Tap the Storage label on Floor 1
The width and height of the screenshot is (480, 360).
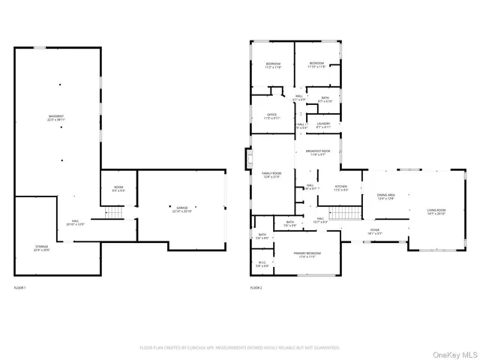(x=40, y=248)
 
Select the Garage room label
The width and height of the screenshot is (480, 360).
(x=181, y=208)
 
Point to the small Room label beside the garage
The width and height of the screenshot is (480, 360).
(x=118, y=189)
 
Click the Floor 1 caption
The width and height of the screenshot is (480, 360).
(x=20, y=288)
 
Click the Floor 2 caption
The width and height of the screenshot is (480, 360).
(x=256, y=288)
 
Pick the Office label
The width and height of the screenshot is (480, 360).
(x=272, y=116)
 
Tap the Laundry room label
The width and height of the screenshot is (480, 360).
(x=323, y=125)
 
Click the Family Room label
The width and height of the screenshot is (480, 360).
(x=271, y=175)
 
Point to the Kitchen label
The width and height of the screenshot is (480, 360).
(x=341, y=187)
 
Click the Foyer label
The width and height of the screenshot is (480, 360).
(x=375, y=232)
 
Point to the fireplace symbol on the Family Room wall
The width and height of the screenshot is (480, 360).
(x=247, y=157)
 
